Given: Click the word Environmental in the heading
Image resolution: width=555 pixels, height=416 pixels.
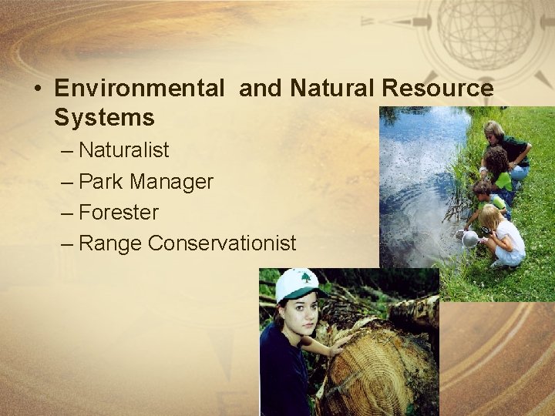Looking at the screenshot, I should point(139,89).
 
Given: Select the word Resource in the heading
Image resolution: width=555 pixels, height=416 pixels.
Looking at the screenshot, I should point(436,89).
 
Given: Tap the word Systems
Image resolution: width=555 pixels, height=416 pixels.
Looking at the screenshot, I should point(104,118).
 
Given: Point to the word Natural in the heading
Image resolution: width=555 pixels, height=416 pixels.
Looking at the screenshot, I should point(332,89).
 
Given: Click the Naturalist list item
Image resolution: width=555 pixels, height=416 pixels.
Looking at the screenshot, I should point(123,149).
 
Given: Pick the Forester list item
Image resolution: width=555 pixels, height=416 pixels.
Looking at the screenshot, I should point(119,212).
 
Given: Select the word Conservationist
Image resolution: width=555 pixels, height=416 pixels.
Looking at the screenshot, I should point(222,243).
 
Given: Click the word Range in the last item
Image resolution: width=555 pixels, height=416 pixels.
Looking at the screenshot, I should point(110,243).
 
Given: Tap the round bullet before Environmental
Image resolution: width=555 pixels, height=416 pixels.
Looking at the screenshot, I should point(37,89).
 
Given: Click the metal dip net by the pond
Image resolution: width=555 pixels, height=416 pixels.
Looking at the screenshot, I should point(469,239).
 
